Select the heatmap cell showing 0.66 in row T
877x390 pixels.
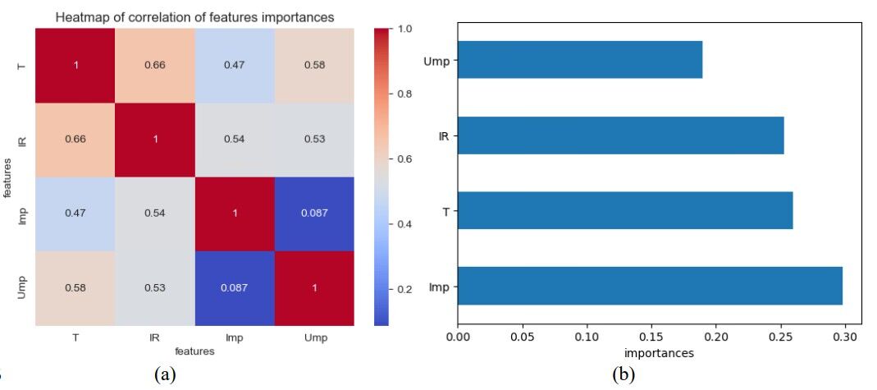(154, 66)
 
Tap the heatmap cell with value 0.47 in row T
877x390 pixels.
(235, 66)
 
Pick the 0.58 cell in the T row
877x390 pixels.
(315, 66)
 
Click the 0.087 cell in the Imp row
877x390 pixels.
(315, 213)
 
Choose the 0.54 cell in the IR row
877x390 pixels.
(235, 140)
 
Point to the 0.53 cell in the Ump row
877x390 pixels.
(154, 287)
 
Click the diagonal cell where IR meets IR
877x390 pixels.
(154, 140)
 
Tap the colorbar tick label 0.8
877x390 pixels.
(404, 94)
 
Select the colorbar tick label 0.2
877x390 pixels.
(404, 289)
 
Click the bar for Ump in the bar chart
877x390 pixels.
(579, 61)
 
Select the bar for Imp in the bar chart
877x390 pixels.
(650, 287)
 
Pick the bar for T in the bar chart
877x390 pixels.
(625, 211)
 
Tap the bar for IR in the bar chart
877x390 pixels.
(620, 135)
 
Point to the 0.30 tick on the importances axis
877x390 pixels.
(846, 337)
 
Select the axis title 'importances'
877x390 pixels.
(659, 353)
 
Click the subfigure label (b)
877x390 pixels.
(623, 374)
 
